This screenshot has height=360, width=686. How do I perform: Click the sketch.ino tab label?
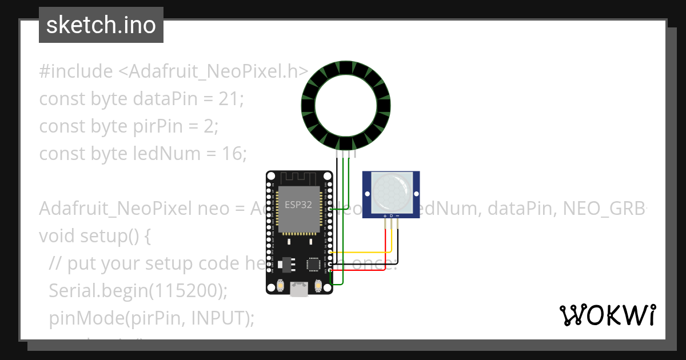[101, 25]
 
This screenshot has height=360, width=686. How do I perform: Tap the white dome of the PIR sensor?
[391, 191]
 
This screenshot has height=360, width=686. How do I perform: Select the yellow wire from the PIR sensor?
[360, 252]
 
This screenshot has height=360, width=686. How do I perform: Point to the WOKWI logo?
[608, 315]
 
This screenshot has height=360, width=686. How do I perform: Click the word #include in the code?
[76, 71]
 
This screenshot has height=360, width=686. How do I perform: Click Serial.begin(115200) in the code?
[138, 290]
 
